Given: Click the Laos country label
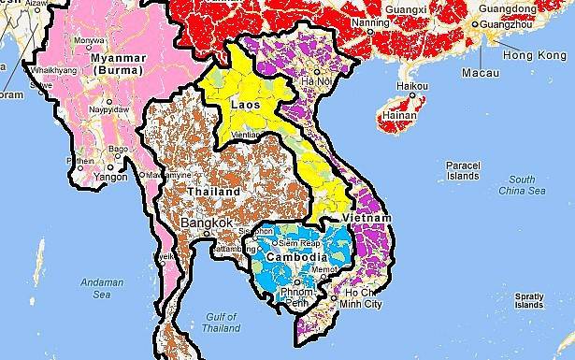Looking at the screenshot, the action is point(245,104).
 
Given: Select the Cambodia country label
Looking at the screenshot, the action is point(295,256).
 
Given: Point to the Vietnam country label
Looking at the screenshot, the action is point(362,216).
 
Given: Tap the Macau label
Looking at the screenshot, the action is point(479,72).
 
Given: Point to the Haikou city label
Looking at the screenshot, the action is point(412,87).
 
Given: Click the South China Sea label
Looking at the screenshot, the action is point(522,185).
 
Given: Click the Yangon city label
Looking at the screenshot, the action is point(110,175).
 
